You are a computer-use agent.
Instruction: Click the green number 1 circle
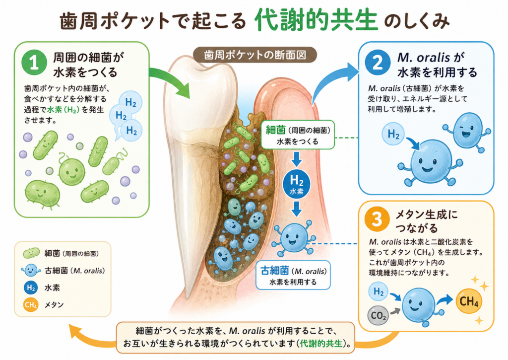pos(34,62)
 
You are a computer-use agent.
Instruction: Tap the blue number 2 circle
pos(378,62)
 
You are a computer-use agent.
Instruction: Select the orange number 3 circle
pos(377,219)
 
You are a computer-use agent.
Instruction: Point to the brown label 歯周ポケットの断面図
pos(255,55)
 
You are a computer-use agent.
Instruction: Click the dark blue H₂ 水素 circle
pos(297,184)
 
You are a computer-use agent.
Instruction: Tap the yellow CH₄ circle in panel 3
pos(468,301)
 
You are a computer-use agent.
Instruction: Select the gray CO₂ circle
pos(378,315)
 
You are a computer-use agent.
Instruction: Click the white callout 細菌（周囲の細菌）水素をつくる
pos(298,135)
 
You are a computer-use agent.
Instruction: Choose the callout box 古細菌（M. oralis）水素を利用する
pos(293,275)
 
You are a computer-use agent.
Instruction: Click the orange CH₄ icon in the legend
pos(31,305)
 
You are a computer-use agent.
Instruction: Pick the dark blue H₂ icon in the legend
pos(31,288)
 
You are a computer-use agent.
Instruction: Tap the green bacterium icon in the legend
pos(31,253)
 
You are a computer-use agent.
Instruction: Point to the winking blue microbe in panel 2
pos(467,129)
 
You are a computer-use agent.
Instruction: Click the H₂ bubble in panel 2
pos(393,134)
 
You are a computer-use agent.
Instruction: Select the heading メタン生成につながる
pos(427,221)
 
